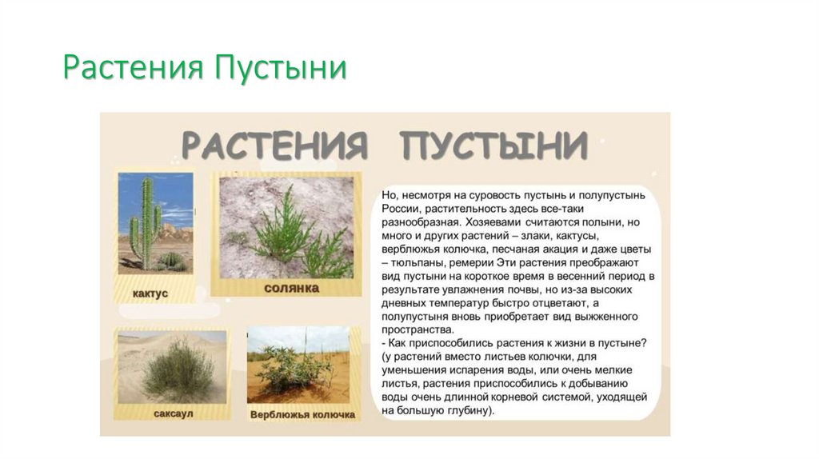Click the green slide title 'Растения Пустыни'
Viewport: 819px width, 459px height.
tap(205, 69)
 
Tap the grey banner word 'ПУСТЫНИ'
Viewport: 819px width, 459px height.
tap(494, 146)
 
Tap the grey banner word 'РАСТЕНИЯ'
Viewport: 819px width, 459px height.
tap(275, 146)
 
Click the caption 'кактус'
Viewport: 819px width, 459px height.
tap(150, 293)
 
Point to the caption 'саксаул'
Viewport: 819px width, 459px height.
tap(169, 414)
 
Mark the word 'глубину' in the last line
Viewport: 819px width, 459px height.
tap(464, 411)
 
